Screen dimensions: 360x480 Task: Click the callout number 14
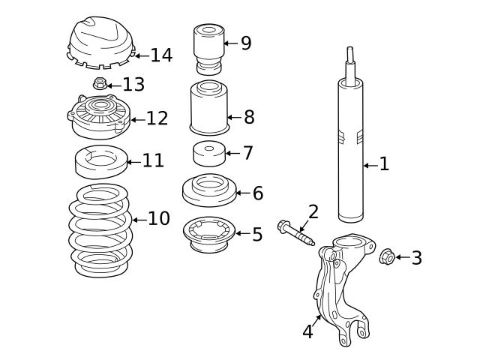click(x=161, y=55)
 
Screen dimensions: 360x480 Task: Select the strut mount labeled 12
click(x=98, y=116)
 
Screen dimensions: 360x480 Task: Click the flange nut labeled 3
click(x=387, y=257)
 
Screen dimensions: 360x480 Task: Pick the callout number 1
click(x=384, y=164)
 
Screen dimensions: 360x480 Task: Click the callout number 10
click(x=158, y=219)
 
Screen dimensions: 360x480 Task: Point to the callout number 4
click(x=307, y=332)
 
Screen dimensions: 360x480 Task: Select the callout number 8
click(x=249, y=117)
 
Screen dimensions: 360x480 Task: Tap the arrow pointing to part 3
click(x=401, y=257)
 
